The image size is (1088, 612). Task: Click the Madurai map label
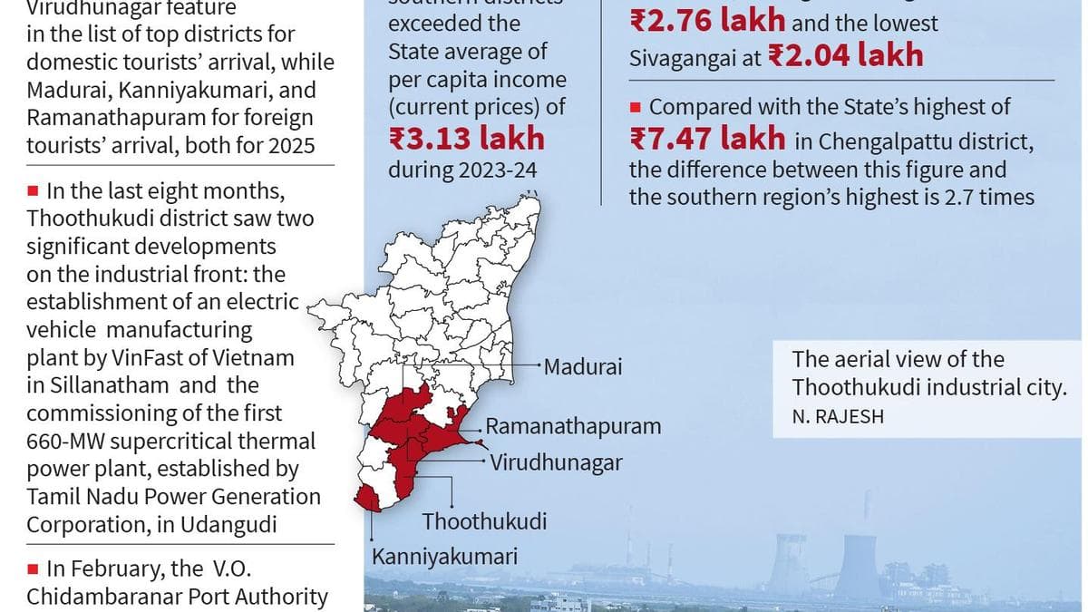point(583,368)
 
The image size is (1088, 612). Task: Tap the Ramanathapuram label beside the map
point(573,426)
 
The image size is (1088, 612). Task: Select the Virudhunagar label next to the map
point(556,462)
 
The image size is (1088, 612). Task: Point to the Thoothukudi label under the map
point(484,522)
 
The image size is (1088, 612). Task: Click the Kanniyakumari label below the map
point(444,555)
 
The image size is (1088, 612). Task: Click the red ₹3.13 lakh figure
point(466,139)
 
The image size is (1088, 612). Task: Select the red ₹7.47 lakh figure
point(708,139)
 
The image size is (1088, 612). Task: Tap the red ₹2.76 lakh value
point(708,22)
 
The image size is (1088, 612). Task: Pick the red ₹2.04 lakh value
point(845,56)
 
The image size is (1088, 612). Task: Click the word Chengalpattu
point(910,142)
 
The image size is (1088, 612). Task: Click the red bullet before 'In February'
point(33,569)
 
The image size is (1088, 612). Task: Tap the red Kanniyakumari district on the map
point(368,498)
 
